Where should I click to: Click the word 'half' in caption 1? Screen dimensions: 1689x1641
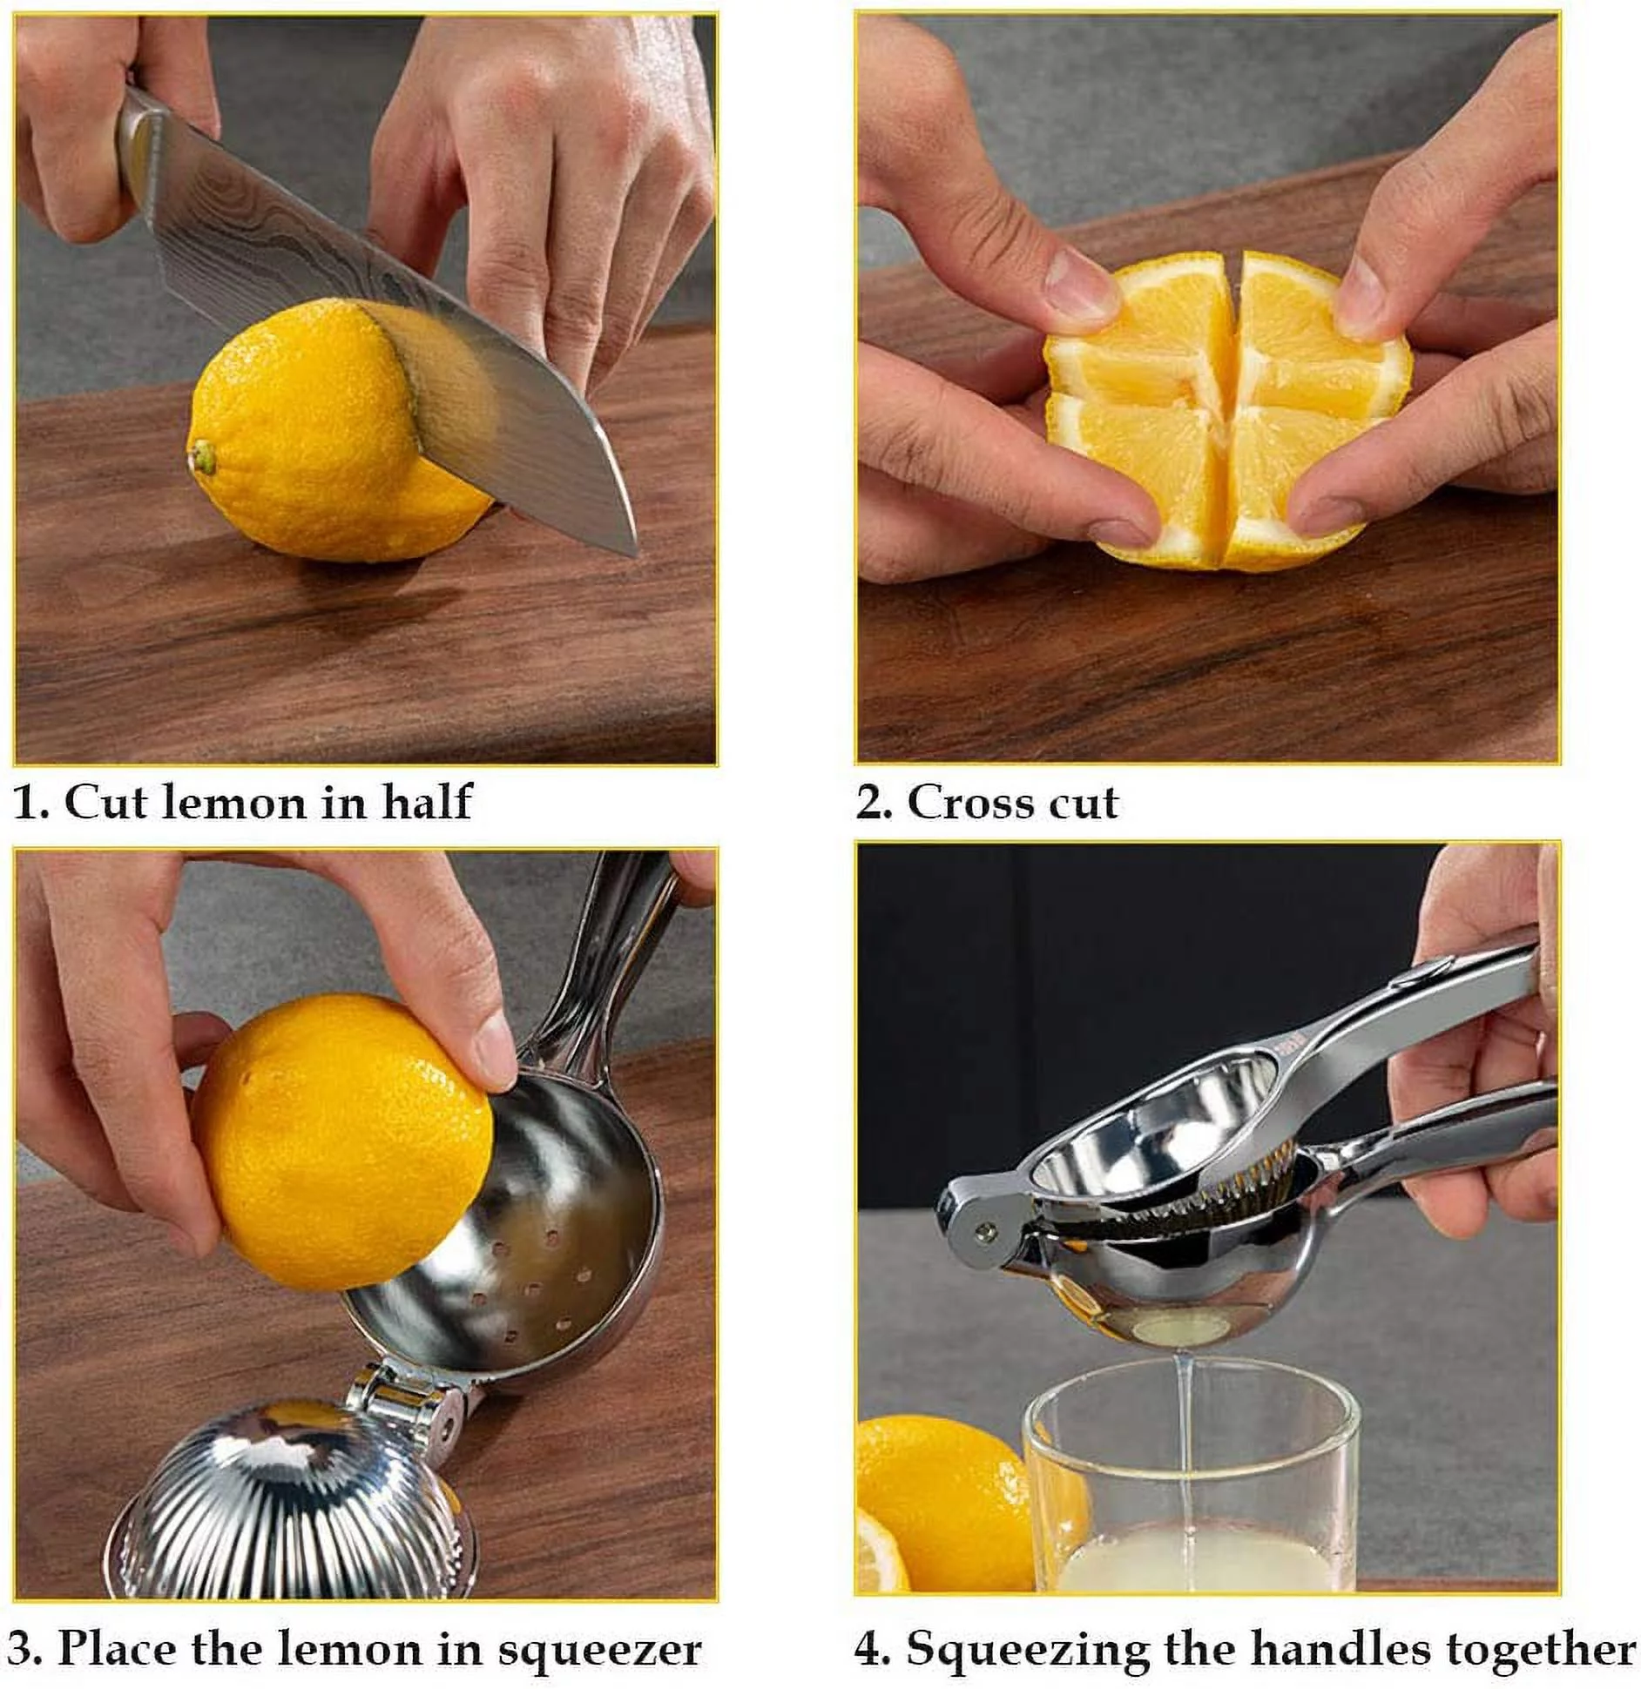click(427, 801)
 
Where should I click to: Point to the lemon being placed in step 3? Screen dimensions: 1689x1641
click(340, 1141)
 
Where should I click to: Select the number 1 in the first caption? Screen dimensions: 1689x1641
click(26, 803)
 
